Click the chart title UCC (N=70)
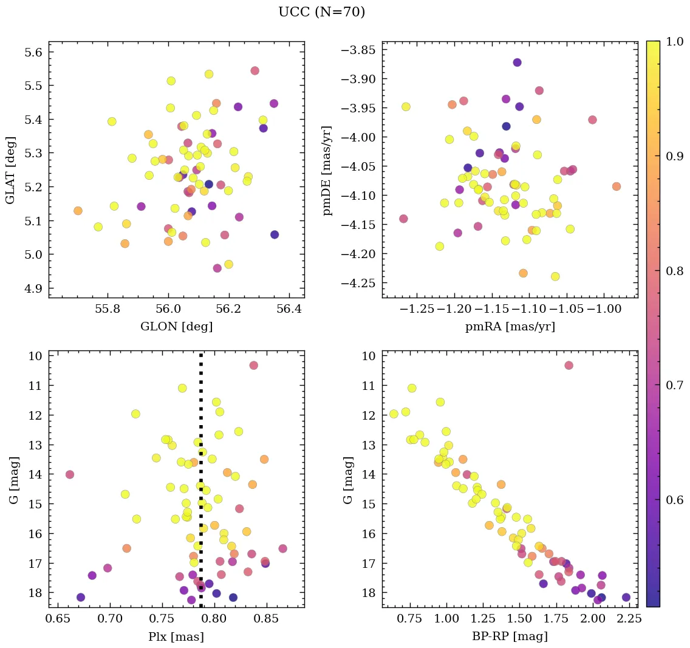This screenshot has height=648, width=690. click(x=321, y=12)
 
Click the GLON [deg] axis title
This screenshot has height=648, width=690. click(x=176, y=327)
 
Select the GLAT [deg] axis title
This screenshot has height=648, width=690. click(x=10, y=169)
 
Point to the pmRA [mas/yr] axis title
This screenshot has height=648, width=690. click(x=510, y=327)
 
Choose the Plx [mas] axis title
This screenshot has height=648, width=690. click(x=176, y=637)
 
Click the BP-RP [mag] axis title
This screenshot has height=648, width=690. click(x=510, y=637)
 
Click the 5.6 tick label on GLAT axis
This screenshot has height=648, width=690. click(x=33, y=52)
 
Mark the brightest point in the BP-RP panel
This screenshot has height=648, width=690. click(x=569, y=365)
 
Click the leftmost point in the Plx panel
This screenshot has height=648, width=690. click(x=70, y=474)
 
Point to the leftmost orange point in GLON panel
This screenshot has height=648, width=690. click(x=78, y=211)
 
